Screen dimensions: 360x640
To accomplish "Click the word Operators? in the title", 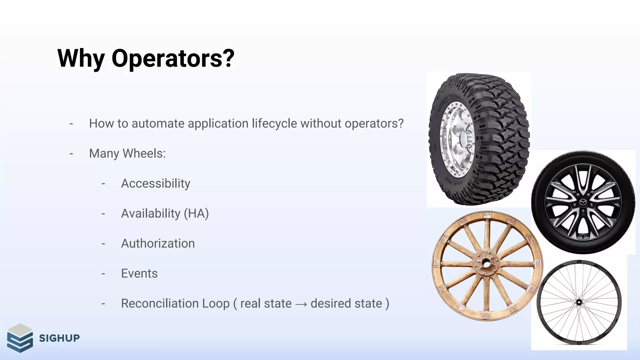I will (x=173, y=59).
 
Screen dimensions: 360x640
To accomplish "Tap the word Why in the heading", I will (x=81, y=59).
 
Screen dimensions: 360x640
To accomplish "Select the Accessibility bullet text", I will (x=156, y=183).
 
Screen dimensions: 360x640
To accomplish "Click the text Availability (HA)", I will (x=165, y=213).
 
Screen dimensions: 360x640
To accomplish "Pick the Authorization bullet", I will (x=158, y=243).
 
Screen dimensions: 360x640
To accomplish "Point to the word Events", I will (x=139, y=273).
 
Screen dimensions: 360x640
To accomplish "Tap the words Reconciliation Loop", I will (x=175, y=303).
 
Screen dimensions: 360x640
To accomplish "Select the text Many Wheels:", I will (x=127, y=153).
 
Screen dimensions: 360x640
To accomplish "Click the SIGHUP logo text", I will (x=59, y=338).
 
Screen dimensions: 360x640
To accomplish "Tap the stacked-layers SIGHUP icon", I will (x=20, y=338).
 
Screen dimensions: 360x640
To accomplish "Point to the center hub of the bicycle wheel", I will (x=579, y=302).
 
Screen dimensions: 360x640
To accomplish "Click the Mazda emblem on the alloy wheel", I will (x=583, y=202).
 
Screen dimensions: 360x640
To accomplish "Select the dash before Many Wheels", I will (x=71, y=153).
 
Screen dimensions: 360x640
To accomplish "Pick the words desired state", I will (x=346, y=303).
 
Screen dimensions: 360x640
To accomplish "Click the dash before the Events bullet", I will (x=103, y=273).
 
